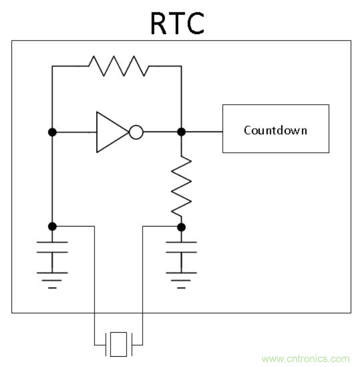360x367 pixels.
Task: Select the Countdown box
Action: click(x=275, y=129)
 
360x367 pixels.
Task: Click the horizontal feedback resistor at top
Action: click(x=119, y=66)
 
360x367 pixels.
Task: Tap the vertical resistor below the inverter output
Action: click(x=182, y=185)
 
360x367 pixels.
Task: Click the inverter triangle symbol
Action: click(x=111, y=131)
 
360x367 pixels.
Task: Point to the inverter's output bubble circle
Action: click(x=136, y=131)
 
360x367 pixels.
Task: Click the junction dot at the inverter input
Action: click(x=52, y=131)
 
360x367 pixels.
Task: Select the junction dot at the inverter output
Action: click(x=182, y=131)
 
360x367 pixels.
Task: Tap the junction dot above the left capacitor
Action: click(x=52, y=227)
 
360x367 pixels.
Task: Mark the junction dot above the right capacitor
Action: click(x=182, y=227)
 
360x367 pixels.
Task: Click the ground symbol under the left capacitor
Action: click(x=52, y=279)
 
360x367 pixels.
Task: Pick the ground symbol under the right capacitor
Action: click(x=182, y=279)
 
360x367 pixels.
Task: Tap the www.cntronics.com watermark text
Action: click(x=306, y=358)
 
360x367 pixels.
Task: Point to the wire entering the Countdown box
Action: click(x=203, y=131)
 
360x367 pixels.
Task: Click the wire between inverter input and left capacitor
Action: click(x=52, y=179)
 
